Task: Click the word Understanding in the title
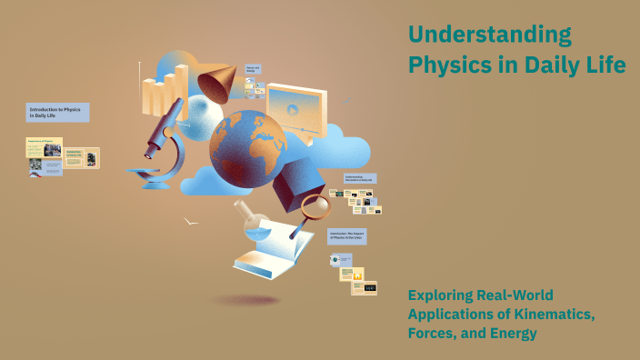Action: point(490,35)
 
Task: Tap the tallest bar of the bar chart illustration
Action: point(181,86)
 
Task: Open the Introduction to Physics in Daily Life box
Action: point(57,113)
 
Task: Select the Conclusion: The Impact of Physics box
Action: point(347,236)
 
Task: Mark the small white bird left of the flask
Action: point(191,220)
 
